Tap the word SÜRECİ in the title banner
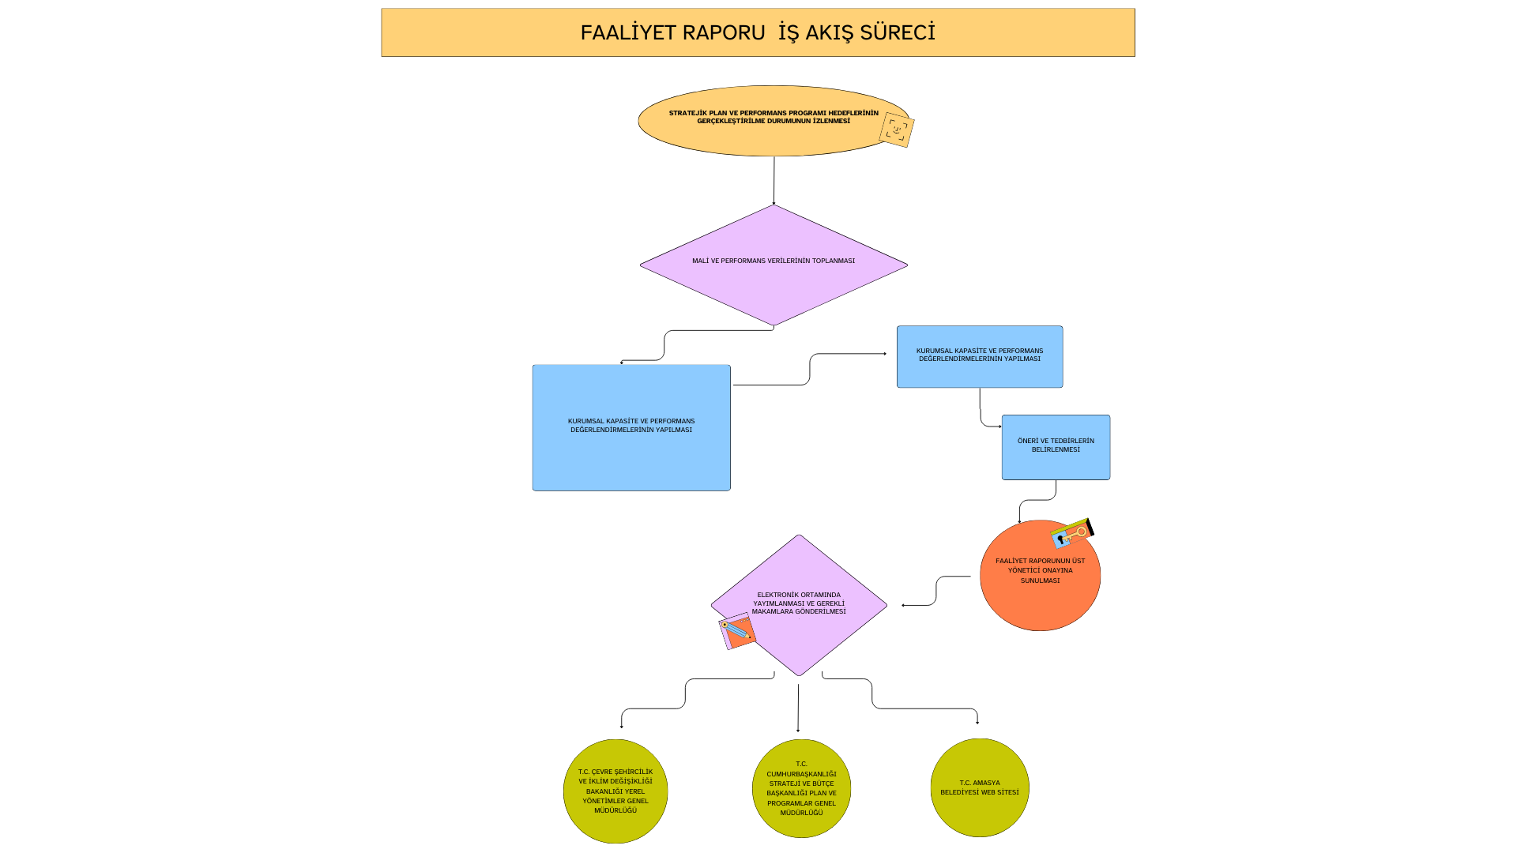897,32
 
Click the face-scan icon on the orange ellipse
896,130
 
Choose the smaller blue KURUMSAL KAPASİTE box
980,371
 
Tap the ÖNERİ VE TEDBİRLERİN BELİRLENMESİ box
1056,462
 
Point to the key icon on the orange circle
1072,533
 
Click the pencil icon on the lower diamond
737,630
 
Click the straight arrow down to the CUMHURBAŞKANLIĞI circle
798,708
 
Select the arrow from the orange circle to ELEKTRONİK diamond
936,591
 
